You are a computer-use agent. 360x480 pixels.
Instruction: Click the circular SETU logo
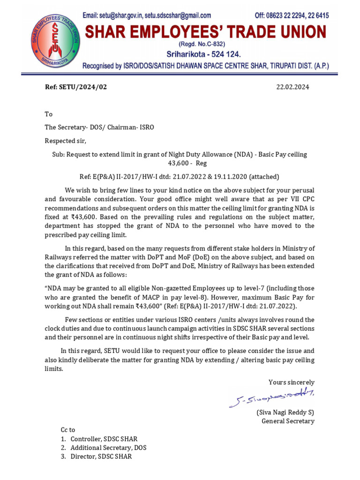pyautogui.click(x=55, y=40)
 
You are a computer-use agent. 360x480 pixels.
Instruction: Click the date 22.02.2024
pyautogui.click(x=292, y=87)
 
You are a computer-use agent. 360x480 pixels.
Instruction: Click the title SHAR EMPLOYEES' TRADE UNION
pyautogui.click(x=205, y=32)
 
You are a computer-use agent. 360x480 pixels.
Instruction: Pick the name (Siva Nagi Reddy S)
pyautogui.click(x=285, y=412)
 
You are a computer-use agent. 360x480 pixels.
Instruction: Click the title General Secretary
pyautogui.click(x=288, y=421)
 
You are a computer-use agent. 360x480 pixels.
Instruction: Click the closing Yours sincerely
pyautogui.click(x=291, y=382)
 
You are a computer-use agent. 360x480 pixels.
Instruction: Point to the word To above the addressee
pyautogui.click(x=49, y=114)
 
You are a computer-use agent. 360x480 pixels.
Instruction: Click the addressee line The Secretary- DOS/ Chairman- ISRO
pyautogui.click(x=99, y=127)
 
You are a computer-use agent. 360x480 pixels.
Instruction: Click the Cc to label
pyautogui.click(x=68, y=430)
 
